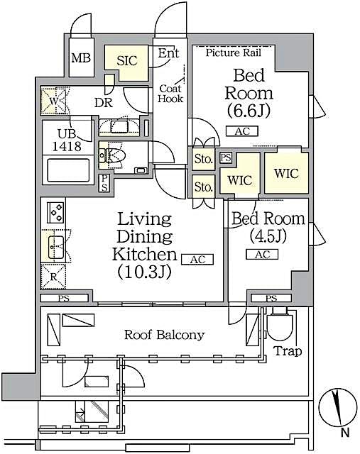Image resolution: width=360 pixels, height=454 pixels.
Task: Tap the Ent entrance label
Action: tap(168, 53)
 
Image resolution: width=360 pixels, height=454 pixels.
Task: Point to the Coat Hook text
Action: tap(171, 93)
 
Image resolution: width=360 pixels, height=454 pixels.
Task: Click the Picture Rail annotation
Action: tap(234, 52)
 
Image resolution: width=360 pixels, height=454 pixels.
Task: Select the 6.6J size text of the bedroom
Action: tap(249, 111)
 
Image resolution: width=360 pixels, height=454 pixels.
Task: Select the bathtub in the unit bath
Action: tap(68, 172)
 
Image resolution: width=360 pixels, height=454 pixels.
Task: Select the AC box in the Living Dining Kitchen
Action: tap(197, 260)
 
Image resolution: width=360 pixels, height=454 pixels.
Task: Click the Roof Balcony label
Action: tap(165, 335)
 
